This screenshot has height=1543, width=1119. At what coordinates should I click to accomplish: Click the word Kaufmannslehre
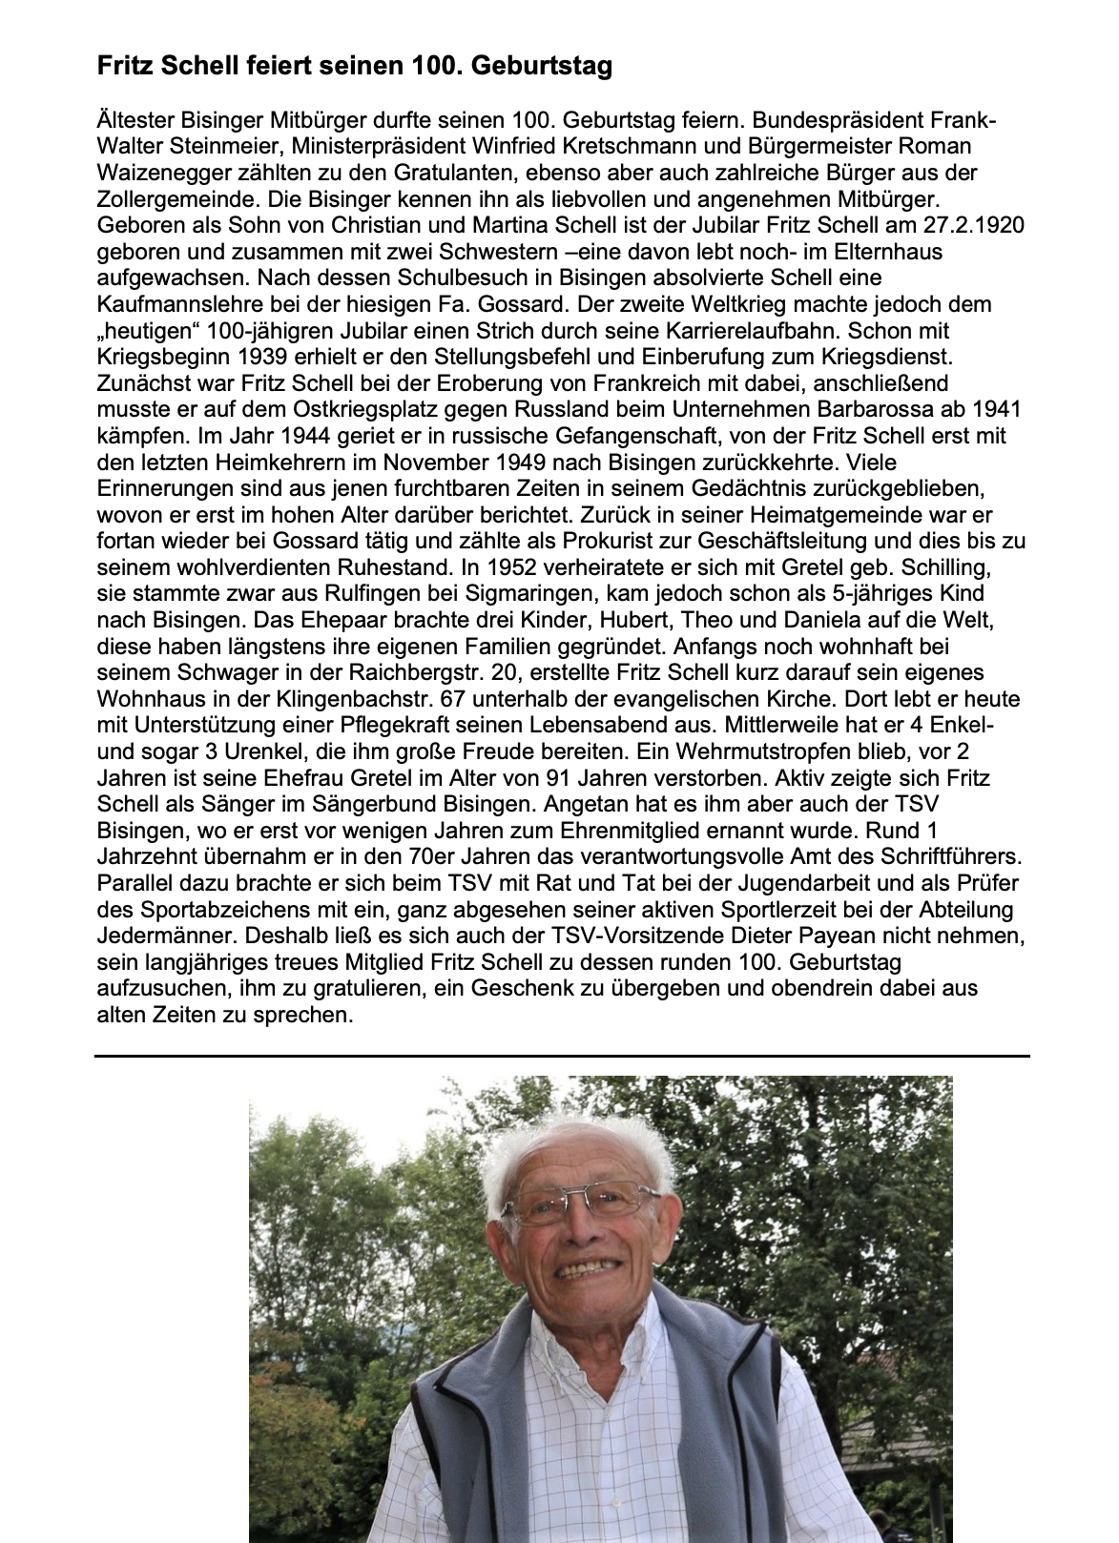coord(173,305)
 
